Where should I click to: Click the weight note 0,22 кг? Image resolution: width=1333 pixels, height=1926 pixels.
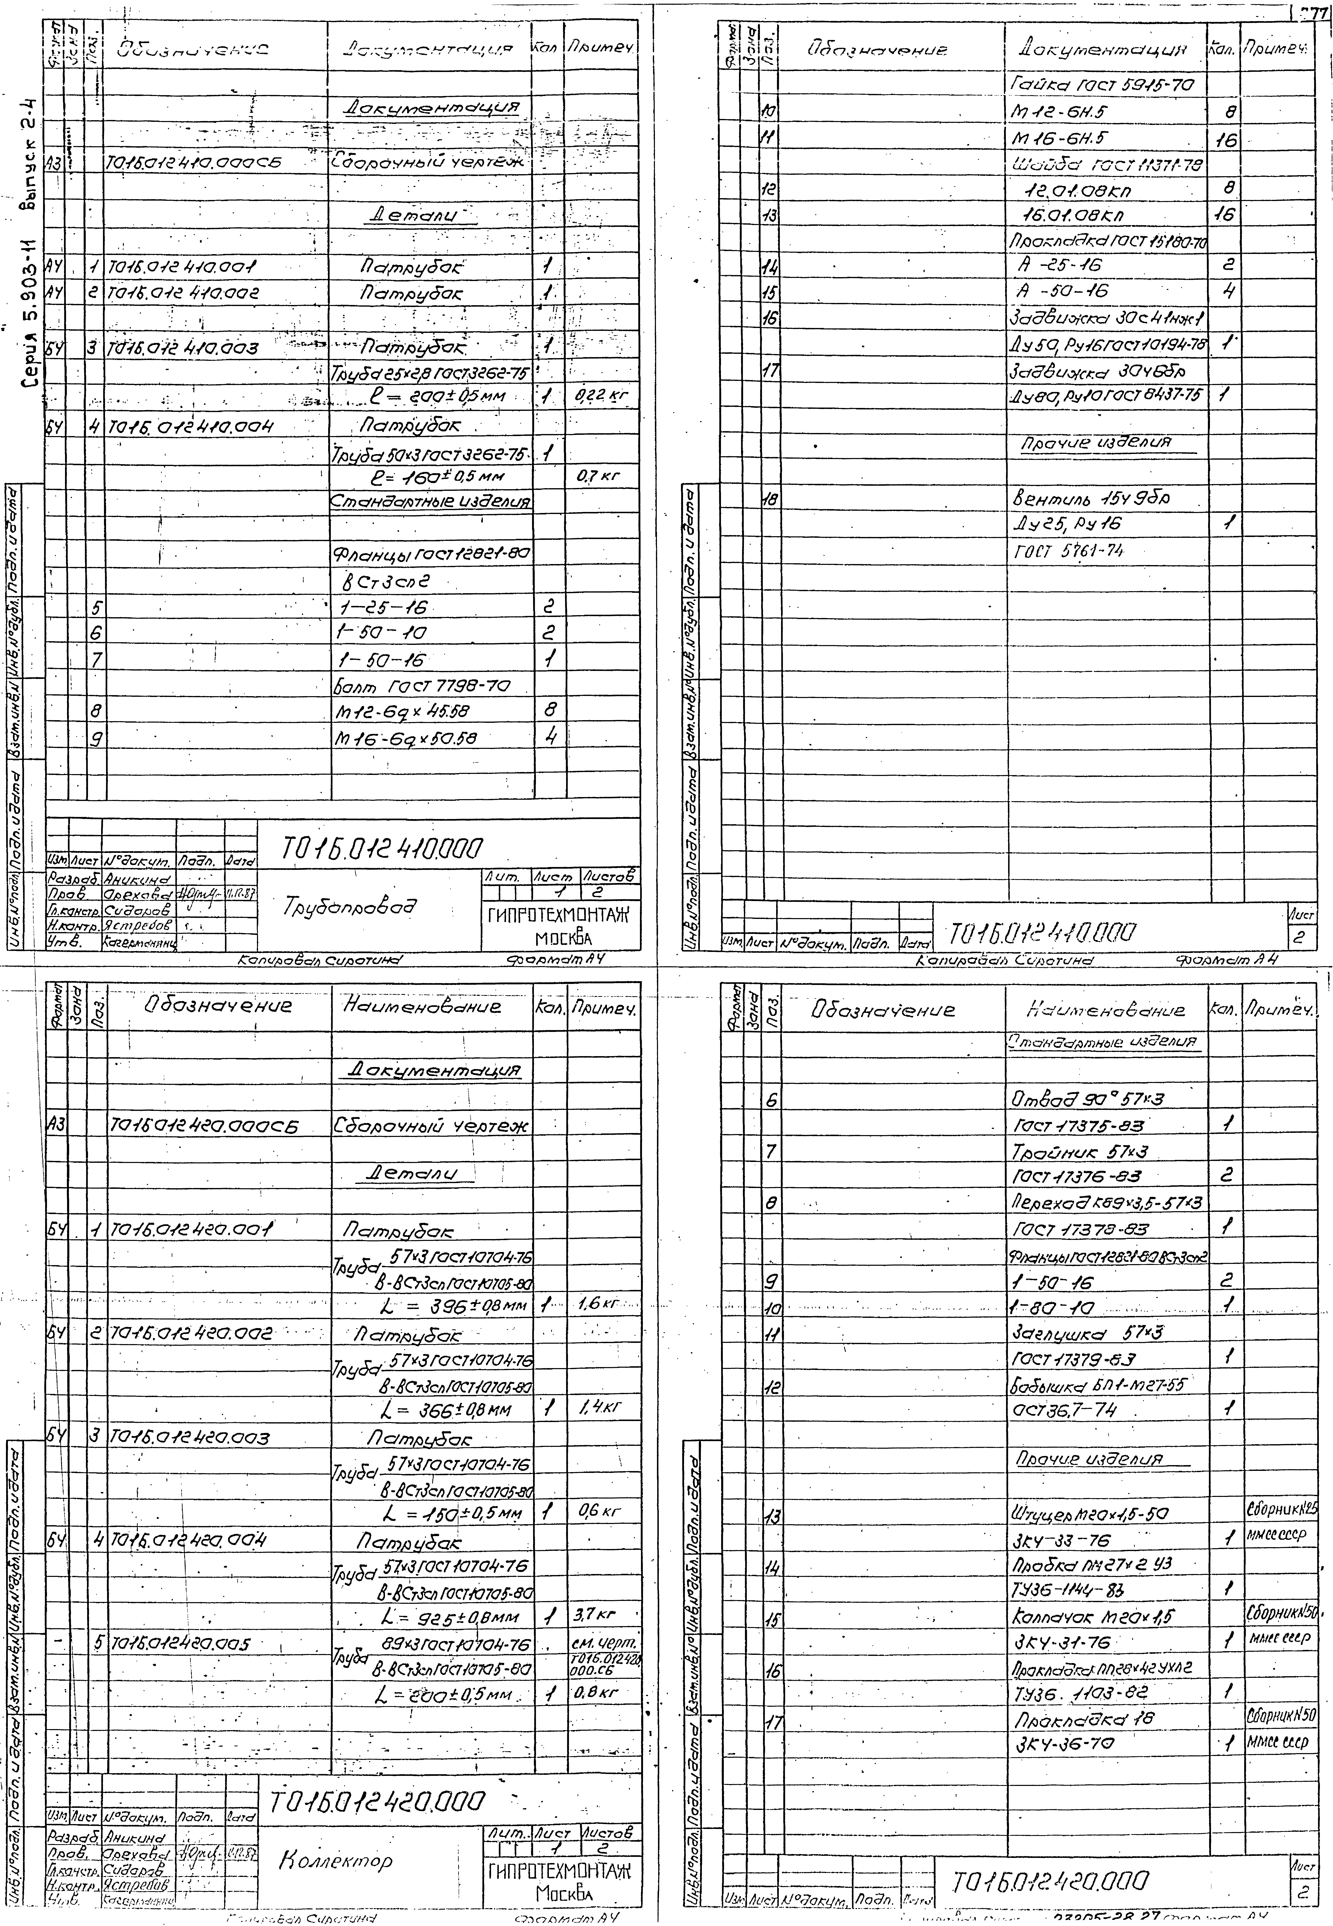pos(601,396)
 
